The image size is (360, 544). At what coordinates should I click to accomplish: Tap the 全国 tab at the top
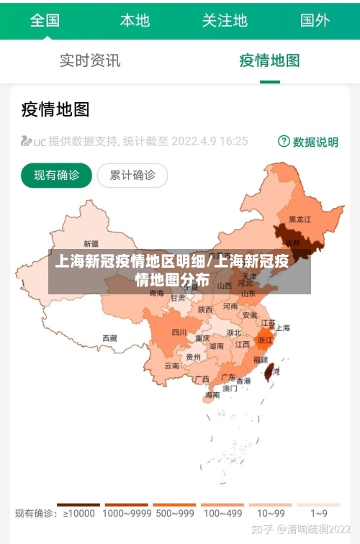tap(45, 20)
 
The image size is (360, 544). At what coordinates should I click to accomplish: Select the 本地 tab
tap(135, 20)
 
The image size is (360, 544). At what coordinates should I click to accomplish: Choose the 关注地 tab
tap(225, 20)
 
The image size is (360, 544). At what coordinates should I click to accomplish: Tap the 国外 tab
tap(315, 20)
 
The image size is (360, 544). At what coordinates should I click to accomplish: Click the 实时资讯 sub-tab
tap(90, 60)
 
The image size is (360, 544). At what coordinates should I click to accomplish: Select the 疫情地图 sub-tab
tap(269, 60)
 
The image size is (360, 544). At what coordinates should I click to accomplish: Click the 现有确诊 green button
tap(57, 175)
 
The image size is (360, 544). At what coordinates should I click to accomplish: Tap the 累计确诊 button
tap(132, 175)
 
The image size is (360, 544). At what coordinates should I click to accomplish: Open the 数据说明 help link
tap(308, 142)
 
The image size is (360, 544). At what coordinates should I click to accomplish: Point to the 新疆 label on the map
tap(91, 243)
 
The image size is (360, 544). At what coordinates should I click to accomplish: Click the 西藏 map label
tap(109, 337)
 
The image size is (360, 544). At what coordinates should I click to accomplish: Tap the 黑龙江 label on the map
tap(300, 219)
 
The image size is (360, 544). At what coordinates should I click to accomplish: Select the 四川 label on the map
tap(179, 332)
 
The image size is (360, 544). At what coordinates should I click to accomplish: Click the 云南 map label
tap(172, 366)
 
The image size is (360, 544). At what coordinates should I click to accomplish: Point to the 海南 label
tap(212, 394)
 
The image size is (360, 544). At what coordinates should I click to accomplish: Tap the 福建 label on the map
tap(260, 359)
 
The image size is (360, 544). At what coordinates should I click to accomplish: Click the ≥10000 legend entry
tap(79, 514)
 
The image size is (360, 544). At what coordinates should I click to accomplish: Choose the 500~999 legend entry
tap(174, 514)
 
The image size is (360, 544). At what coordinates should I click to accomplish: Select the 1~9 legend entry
tap(319, 514)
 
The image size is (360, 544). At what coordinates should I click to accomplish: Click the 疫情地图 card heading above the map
tap(55, 109)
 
